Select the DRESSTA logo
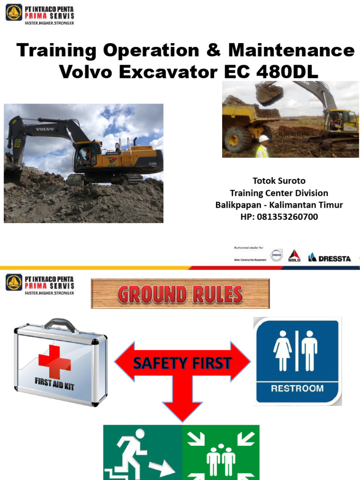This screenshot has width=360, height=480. [x=329, y=257]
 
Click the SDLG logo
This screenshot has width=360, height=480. [x=294, y=256]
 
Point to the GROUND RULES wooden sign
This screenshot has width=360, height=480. [x=180, y=294]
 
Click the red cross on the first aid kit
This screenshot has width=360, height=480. [x=55, y=361]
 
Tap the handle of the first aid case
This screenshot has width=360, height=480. [x=60, y=324]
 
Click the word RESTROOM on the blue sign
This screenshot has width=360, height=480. [x=297, y=388]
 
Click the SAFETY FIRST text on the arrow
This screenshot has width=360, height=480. [x=182, y=362]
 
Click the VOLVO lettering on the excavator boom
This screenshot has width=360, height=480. [x=45, y=128]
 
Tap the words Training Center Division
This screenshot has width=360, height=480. [x=279, y=193]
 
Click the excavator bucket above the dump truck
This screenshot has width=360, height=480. [x=269, y=94]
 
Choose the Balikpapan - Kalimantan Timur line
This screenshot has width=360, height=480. [x=279, y=205]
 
